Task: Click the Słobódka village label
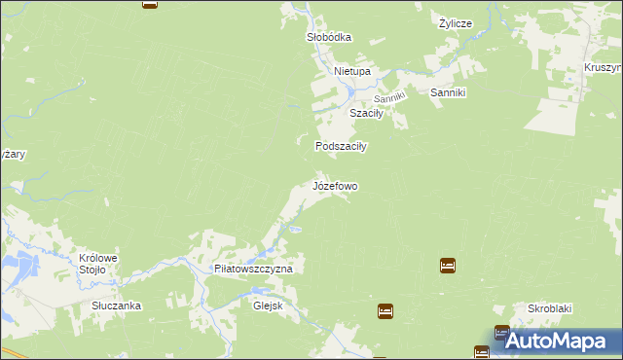(328, 37)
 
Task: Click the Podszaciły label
(340, 146)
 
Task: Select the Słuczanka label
(117, 306)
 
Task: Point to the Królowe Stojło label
(97, 264)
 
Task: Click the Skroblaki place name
(549, 308)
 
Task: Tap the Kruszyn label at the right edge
(604, 68)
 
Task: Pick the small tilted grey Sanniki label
(389, 97)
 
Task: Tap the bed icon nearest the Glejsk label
(385, 310)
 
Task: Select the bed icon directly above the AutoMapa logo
(501, 333)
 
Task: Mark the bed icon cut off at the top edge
(149, 3)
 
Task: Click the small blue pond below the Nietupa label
(350, 91)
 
